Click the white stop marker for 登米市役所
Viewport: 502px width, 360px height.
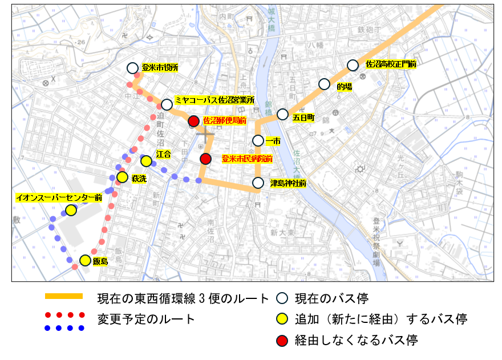click(132, 68)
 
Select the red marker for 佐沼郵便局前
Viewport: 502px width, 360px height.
click(194, 121)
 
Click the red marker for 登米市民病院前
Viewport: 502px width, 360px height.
click(206, 159)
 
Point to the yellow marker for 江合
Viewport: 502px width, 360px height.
click(146, 161)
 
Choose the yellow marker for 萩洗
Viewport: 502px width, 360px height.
click(122, 177)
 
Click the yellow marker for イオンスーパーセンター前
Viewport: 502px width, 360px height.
click(71, 211)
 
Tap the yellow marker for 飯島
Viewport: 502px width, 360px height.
click(85, 261)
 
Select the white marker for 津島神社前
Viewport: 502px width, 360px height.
click(258, 183)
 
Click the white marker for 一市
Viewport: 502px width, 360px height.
click(258, 140)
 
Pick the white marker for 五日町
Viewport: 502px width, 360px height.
click(282, 114)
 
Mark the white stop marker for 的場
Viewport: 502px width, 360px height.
click(324, 84)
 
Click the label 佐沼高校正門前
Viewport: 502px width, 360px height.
click(391, 64)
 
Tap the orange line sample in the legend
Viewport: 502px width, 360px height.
click(64, 297)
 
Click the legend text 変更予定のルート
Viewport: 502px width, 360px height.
click(146, 318)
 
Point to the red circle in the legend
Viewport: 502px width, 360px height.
click(281, 341)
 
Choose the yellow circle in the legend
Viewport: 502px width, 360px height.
click(281, 319)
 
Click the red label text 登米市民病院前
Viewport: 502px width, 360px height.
click(247, 159)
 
